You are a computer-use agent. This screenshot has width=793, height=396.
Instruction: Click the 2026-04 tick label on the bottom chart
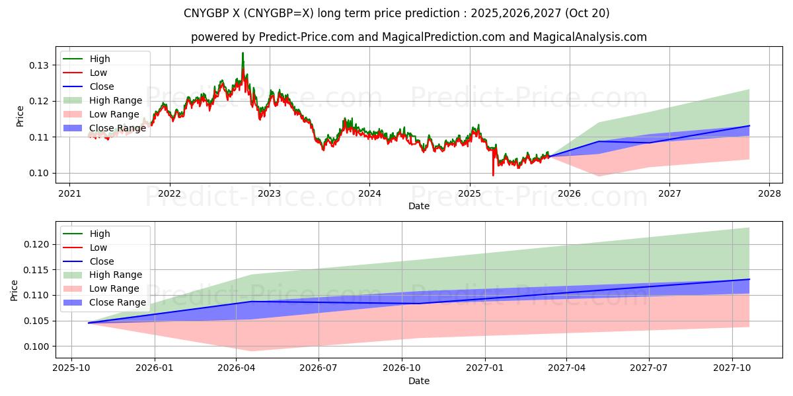tap(237, 367)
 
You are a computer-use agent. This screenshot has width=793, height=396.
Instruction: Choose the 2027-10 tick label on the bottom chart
tap(732, 367)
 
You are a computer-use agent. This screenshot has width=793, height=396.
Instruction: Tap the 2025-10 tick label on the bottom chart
tap(71, 367)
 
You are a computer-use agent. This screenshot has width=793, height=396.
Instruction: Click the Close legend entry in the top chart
tap(102, 86)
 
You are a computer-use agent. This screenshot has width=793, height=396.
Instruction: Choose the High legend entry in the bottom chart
tap(100, 234)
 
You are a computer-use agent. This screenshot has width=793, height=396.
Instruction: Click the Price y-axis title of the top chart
tap(20, 116)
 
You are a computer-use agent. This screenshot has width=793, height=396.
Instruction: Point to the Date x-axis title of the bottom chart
tap(419, 381)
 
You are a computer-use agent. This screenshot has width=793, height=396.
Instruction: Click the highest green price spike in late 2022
tap(243, 53)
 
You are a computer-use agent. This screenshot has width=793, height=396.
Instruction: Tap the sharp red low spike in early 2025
tap(493, 174)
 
